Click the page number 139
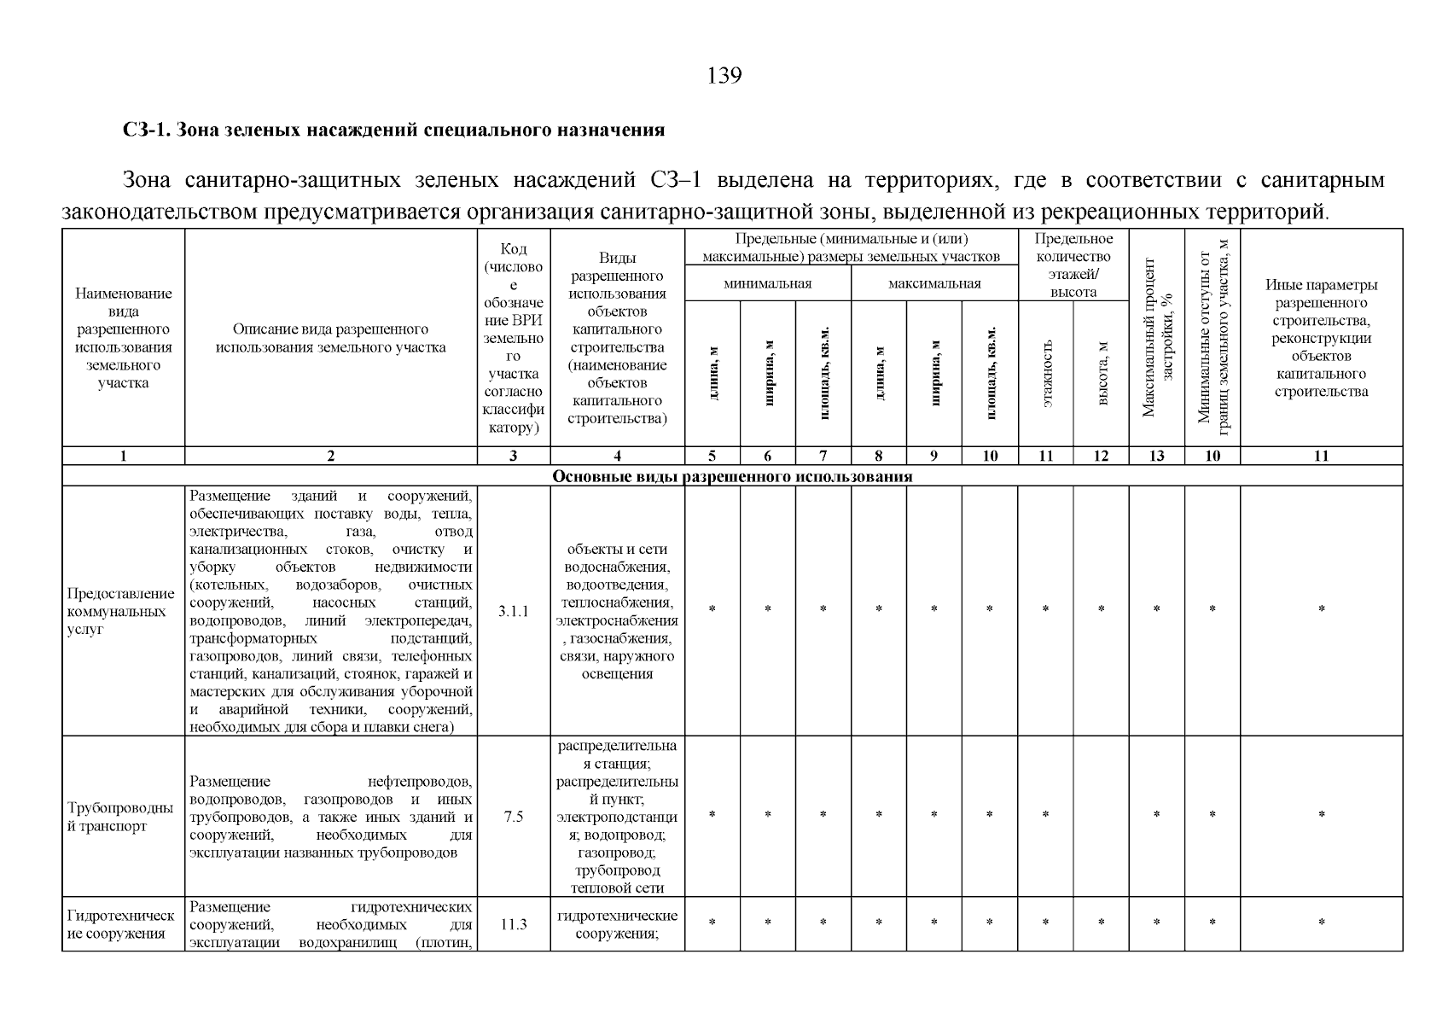click(724, 76)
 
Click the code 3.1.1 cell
click(513, 611)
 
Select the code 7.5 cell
click(513, 817)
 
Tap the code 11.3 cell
click(513, 924)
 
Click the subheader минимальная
click(767, 283)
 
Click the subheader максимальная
click(934, 283)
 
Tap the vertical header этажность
click(1046, 372)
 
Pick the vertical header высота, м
click(1102, 372)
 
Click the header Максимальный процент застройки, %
click(1157, 337)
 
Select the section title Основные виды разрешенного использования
click(732, 476)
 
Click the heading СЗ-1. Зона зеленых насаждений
click(393, 131)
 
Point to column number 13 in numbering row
click(1156, 456)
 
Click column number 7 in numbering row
click(823, 456)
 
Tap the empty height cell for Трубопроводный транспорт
click(1102, 817)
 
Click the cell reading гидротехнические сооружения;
click(618, 924)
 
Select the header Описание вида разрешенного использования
click(331, 338)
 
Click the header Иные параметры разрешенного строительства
click(1321, 338)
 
